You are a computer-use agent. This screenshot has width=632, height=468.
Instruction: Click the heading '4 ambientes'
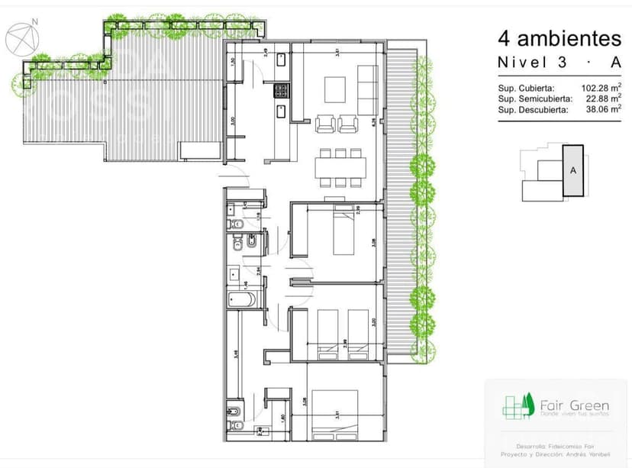coord(559,37)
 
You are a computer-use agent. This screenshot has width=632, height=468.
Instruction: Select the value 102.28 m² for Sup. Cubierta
coord(598,88)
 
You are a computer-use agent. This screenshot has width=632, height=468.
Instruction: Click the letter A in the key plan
coord(572,172)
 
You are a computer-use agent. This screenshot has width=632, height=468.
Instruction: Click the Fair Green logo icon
coord(516,405)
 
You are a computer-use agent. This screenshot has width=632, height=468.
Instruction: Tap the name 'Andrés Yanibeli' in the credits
coord(579,453)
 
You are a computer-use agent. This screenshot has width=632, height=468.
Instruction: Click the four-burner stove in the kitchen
coord(281,91)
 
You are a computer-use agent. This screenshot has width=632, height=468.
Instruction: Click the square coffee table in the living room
coord(337,89)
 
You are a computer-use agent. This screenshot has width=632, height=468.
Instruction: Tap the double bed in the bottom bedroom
coord(335,415)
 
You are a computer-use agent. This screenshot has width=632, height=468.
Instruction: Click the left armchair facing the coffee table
coord(324,122)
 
